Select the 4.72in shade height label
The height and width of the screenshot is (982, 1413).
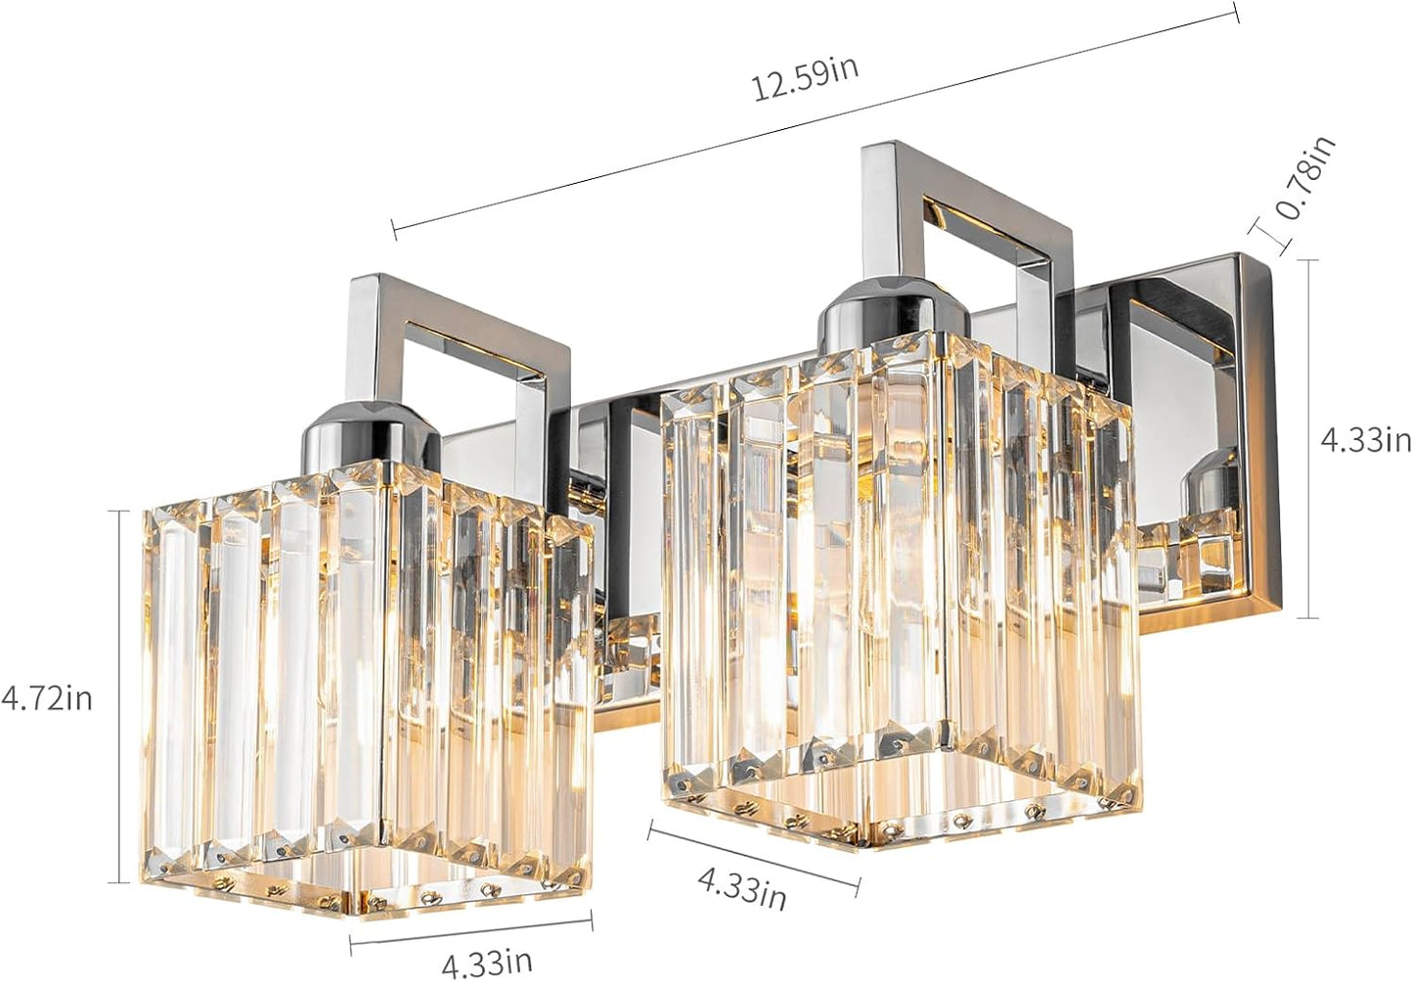point(47,698)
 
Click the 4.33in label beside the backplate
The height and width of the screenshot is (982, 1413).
point(1366,439)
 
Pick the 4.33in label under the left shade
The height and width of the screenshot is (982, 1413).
point(487,962)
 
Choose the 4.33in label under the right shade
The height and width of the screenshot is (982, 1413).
point(741,888)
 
